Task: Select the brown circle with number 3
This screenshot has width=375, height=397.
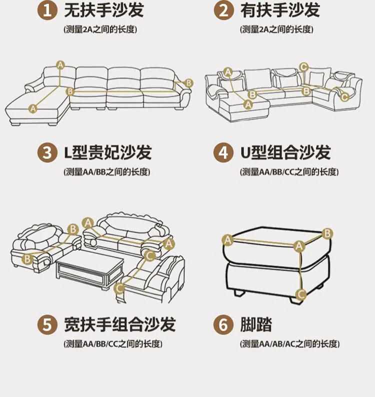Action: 47,152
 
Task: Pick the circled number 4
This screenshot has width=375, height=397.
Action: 223,152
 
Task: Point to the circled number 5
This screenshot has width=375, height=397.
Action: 47,324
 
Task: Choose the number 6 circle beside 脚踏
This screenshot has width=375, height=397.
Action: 223,324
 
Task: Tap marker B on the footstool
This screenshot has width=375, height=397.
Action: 327,233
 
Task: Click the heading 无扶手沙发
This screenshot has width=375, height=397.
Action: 104,10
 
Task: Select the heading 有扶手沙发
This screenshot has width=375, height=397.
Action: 280,10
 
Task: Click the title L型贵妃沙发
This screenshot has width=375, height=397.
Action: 108,152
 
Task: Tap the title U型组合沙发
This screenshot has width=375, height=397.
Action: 285,152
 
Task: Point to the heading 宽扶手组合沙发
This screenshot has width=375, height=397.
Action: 120,324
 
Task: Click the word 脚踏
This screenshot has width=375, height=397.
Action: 256,324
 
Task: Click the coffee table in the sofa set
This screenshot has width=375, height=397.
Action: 89,270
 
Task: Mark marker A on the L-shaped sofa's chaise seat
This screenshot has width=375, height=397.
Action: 32,109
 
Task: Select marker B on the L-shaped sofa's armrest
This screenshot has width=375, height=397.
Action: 188,83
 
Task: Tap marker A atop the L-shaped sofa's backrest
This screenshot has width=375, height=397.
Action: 60,65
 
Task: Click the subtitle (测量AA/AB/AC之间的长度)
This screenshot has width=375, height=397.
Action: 289,344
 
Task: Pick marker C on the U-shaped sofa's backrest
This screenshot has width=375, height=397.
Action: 303,67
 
